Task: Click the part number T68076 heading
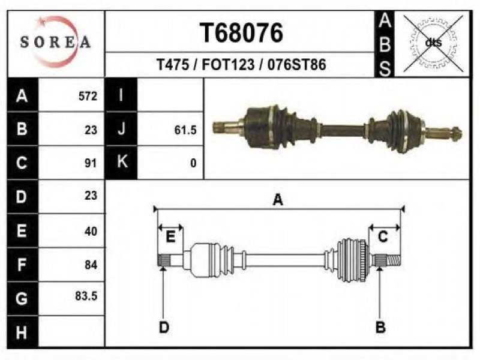click(241, 33)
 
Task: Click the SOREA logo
click(56, 42)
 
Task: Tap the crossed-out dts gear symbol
click(433, 43)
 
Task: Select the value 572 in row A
click(88, 96)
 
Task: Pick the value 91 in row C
click(91, 163)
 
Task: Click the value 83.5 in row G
click(86, 296)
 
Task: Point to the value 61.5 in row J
click(185, 130)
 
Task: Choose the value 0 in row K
click(193, 163)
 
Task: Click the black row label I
click(121, 95)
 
